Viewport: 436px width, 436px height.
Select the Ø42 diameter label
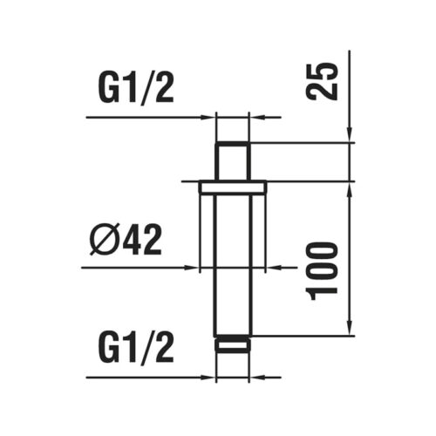pos(126,239)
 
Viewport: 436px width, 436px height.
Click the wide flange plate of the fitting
pos(232,186)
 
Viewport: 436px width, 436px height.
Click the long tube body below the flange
pos(232,262)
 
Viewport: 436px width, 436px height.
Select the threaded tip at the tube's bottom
pos(232,343)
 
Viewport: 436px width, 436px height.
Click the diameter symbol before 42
pos(103,239)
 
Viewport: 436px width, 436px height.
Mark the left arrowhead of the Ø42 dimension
pos(194,267)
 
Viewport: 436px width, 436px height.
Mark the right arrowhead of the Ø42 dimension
pos(271,267)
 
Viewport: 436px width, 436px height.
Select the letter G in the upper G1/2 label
pos(105,87)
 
